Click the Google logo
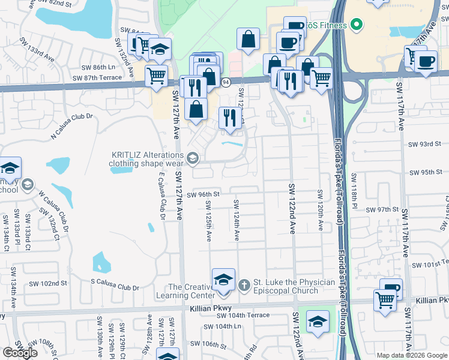point(20,353)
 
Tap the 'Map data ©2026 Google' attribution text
point(411,355)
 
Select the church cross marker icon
point(244,284)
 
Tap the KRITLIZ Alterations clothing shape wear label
point(147,158)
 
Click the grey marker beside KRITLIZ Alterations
point(192,159)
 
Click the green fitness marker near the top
point(356,25)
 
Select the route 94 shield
point(226,82)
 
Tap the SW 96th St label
point(203,194)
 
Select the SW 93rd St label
point(424,144)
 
